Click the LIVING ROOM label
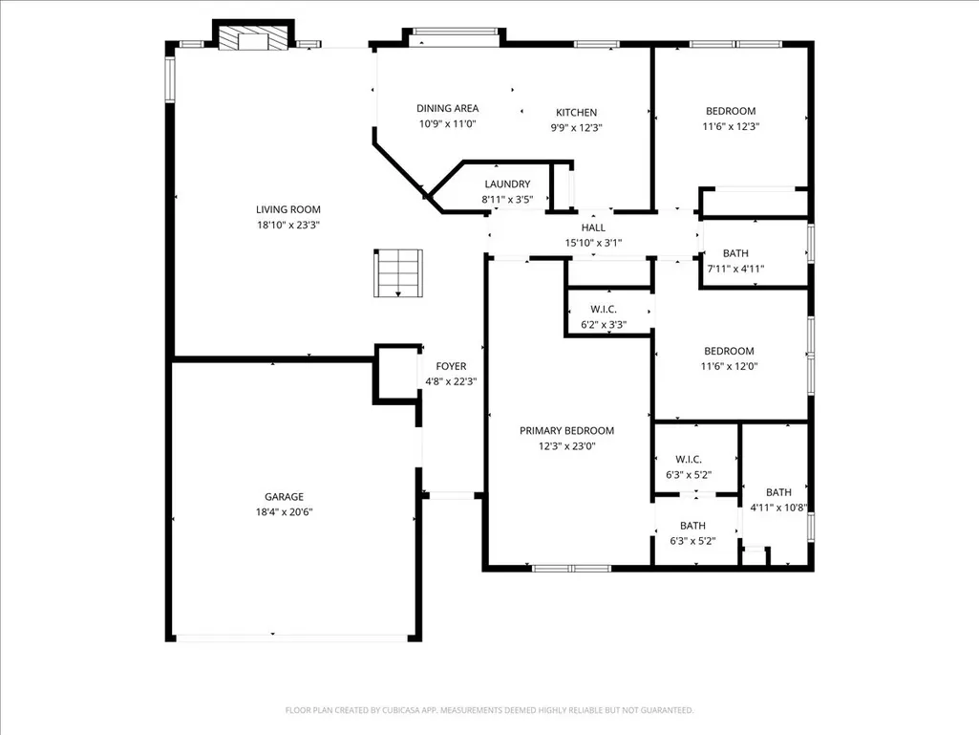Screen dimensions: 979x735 click(x=287, y=209)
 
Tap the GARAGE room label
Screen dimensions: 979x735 click(x=284, y=497)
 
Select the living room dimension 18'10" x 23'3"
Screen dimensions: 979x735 click(x=287, y=225)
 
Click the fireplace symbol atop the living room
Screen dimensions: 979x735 click(x=253, y=37)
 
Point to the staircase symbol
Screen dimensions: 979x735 click(x=398, y=273)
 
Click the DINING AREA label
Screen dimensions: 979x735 click(x=448, y=108)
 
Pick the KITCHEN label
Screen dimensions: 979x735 click(x=576, y=113)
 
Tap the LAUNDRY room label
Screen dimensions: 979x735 click(x=507, y=184)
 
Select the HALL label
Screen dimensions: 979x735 click(x=593, y=227)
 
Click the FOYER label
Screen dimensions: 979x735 click(x=451, y=366)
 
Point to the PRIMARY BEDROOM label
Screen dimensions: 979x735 click(x=567, y=431)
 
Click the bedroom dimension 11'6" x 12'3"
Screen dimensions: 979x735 click(x=731, y=126)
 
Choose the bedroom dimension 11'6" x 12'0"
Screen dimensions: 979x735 click(x=729, y=366)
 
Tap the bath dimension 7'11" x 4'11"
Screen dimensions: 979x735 click(x=735, y=269)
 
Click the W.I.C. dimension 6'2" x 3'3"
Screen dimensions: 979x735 click(x=603, y=325)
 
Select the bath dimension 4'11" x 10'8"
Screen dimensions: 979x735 click(x=778, y=508)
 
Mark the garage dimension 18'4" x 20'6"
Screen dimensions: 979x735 click(x=284, y=512)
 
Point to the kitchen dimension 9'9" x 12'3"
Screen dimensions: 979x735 click(x=576, y=128)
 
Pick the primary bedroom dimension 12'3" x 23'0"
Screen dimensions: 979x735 click(x=567, y=446)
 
